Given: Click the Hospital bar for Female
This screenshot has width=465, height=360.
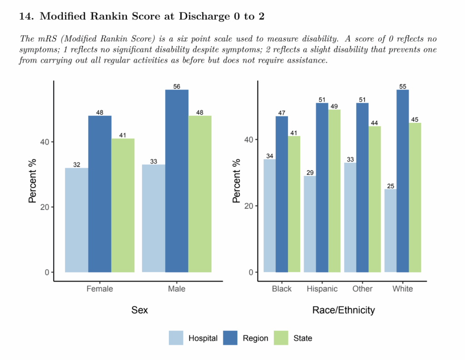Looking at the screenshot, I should pos(77,220).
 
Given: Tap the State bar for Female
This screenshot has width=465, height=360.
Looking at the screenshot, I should pos(123,205).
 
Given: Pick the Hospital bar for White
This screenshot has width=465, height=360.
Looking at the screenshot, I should pos(391,230).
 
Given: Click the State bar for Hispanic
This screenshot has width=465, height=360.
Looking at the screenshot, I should pos(335,191).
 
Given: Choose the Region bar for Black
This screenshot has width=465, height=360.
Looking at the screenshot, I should pos(282,194).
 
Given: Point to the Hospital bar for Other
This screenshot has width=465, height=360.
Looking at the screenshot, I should pos(350,217).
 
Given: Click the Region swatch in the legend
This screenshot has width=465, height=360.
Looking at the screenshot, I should pos(231,338).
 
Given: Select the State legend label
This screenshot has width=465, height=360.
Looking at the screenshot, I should pos(302,338).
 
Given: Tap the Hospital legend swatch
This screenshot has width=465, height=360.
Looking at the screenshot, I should pos(176,338).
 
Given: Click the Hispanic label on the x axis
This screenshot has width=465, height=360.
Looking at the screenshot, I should pos(322,289).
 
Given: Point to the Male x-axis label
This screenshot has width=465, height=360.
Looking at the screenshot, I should pos(177,289).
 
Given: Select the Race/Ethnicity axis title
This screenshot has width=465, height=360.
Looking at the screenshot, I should pos(343,310).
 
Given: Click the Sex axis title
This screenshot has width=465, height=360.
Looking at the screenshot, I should pos(139,310).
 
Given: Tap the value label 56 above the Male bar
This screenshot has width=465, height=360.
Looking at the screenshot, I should pos(177,86).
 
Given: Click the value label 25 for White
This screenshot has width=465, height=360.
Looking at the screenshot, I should pos(391,185).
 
